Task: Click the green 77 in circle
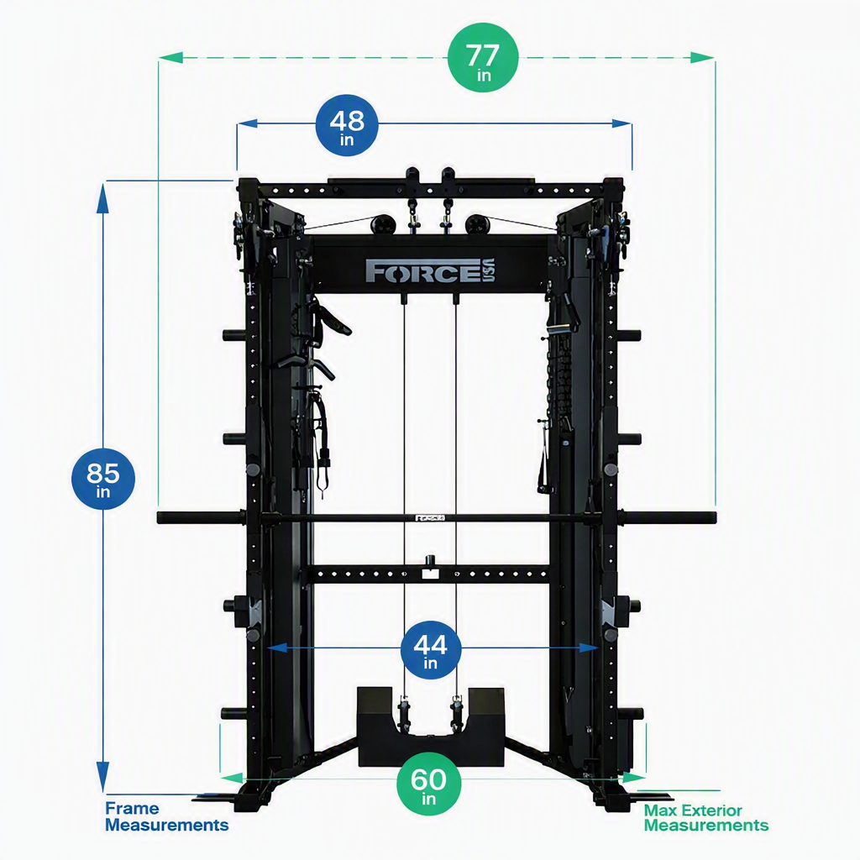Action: [483, 58]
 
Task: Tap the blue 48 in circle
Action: [347, 125]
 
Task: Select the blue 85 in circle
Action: [103, 478]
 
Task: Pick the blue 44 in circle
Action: [431, 650]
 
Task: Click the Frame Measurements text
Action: [167, 816]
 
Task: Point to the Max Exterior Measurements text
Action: [705, 818]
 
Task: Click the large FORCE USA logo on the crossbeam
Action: [431, 271]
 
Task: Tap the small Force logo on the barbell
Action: [430, 517]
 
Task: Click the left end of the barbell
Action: [159, 517]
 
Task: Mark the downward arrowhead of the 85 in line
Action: [102, 777]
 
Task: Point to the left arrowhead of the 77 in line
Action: [170, 58]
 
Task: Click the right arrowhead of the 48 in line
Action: [621, 123]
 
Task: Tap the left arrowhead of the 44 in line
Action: [277, 648]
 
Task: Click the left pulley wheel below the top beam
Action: [382, 223]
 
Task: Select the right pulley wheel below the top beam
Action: [476, 223]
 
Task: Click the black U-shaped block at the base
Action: [431, 727]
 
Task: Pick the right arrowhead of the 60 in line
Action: [634, 778]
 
